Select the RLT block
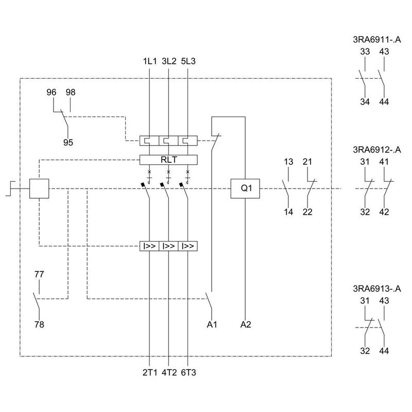tap(168, 160)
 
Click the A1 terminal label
tap(211, 324)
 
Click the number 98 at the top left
tap(71, 92)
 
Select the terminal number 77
tap(39, 274)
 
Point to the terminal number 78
tap(39, 324)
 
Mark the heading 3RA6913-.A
tap(377, 288)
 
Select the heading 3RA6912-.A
tap(377, 150)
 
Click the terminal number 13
tap(288, 162)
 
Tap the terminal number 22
tap(307, 212)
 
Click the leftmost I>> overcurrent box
tap(149, 246)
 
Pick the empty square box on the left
tap(39, 188)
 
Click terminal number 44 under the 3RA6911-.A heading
tap(384, 101)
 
